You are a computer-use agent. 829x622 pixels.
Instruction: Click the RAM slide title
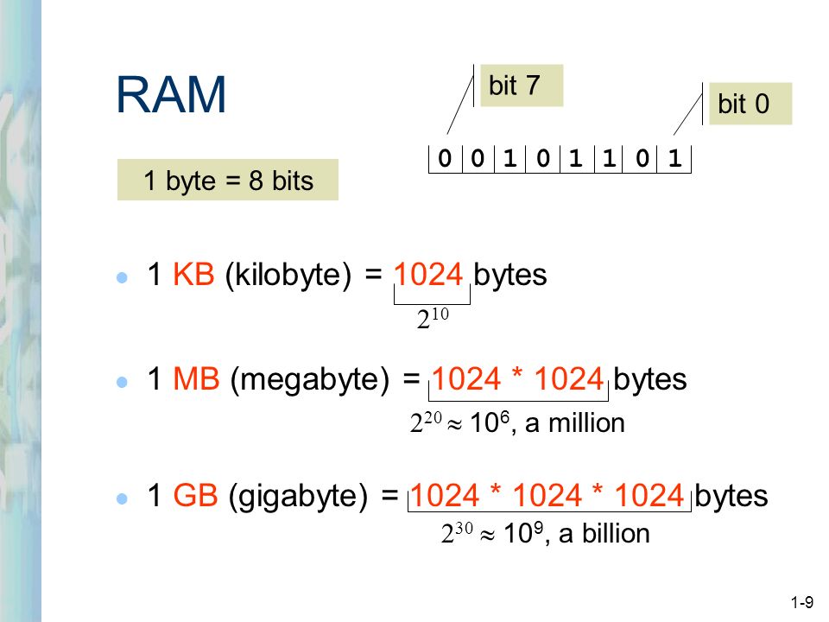click(171, 95)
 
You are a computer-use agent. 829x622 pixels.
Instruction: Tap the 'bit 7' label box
click(521, 86)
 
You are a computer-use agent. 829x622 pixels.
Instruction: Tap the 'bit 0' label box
click(750, 105)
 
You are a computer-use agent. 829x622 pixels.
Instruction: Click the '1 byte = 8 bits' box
click(228, 181)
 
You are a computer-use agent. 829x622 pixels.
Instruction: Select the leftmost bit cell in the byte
click(445, 160)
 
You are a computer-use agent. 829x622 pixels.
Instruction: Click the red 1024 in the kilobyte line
click(431, 276)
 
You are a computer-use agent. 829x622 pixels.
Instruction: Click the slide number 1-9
click(801, 601)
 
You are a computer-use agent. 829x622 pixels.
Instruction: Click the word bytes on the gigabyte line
click(731, 497)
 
